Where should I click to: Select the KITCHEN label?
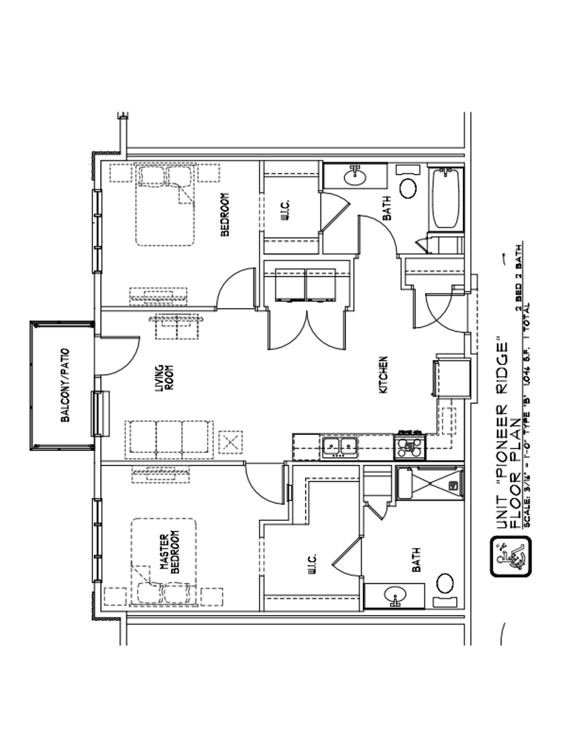pyautogui.click(x=383, y=376)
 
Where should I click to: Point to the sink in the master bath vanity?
pyautogui.click(x=395, y=595)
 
